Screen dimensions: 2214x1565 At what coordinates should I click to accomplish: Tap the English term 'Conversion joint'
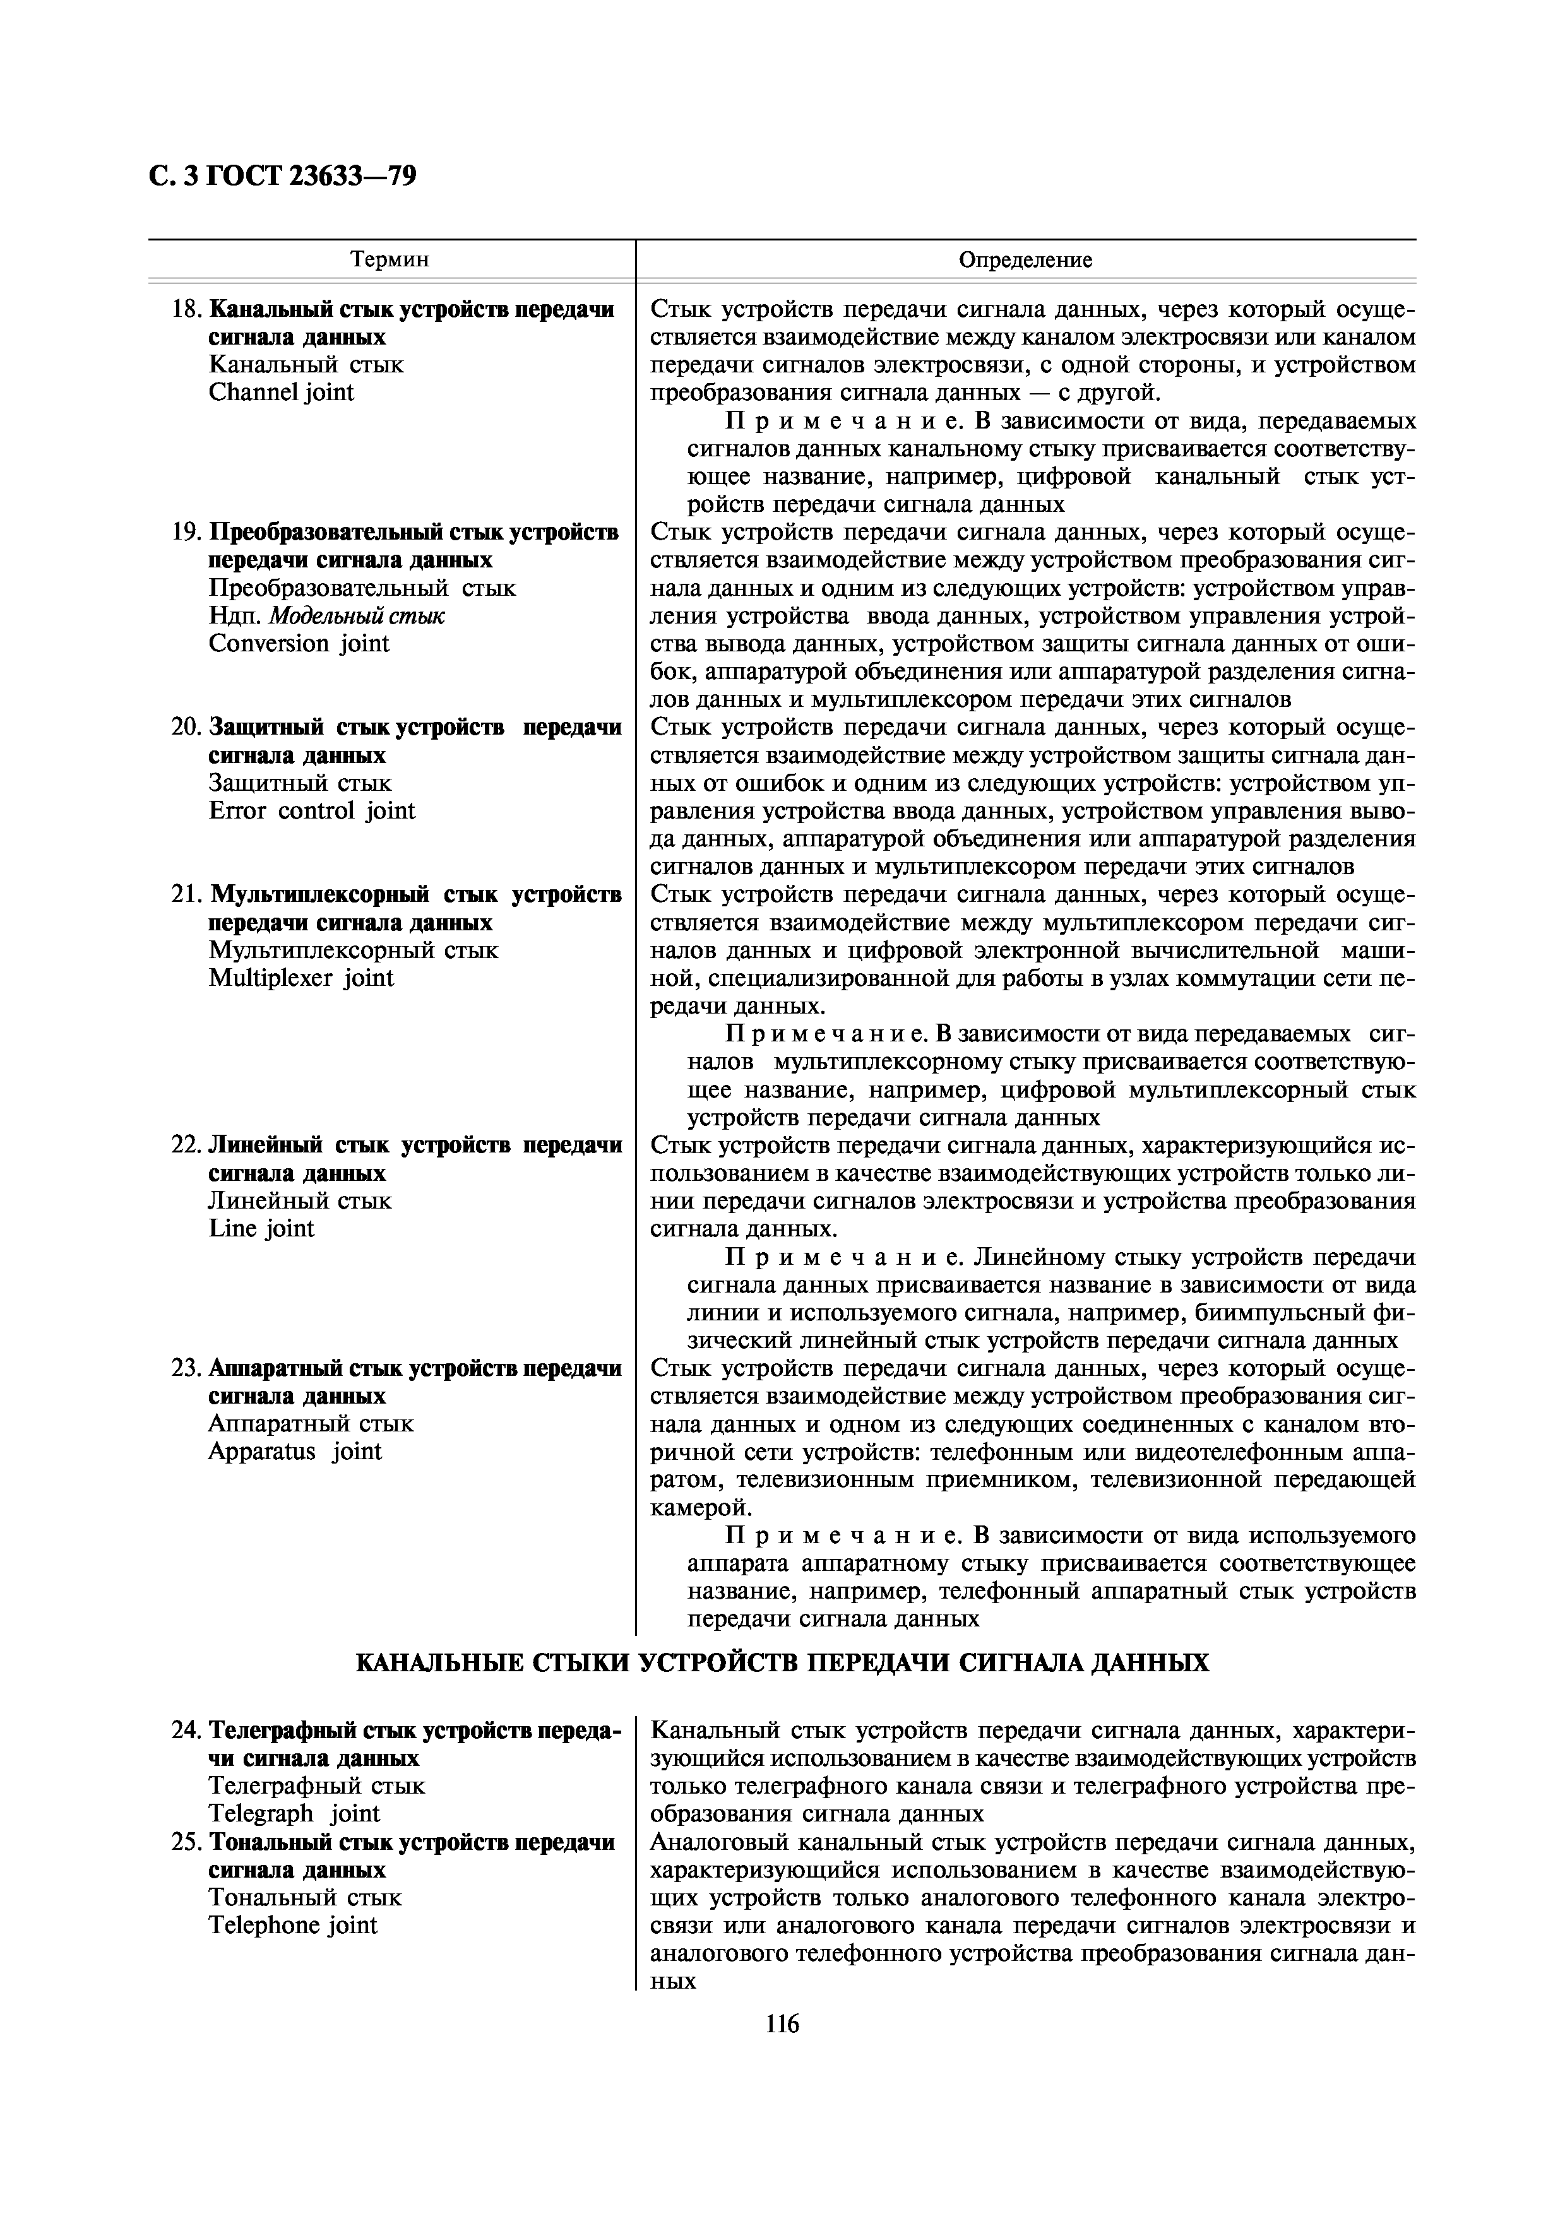click(x=299, y=643)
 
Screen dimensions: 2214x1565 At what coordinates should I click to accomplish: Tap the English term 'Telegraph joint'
click(x=294, y=1813)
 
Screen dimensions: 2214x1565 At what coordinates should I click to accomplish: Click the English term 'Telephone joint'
click(x=293, y=1925)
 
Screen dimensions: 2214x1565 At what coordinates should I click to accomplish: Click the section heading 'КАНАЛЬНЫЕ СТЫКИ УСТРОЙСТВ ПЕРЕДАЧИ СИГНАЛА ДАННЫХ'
click(x=782, y=1662)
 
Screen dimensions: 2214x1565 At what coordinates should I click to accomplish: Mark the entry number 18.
click(x=184, y=309)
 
